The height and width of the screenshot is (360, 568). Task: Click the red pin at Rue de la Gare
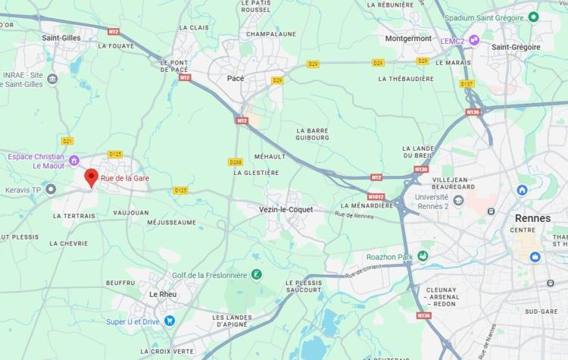tap(91, 178)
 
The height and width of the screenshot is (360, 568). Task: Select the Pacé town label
tap(236, 78)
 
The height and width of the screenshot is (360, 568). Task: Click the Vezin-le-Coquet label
tap(286, 209)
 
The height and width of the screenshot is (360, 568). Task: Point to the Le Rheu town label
tap(163, 294)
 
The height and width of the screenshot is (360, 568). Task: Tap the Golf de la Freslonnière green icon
tap(257, 274)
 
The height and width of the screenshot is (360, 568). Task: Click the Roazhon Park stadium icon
tap(423, 257)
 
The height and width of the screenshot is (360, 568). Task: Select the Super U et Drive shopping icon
tap(169, 321)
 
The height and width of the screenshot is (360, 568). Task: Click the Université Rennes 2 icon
tap(459, 199)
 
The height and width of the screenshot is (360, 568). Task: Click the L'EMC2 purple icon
tap(474, 40)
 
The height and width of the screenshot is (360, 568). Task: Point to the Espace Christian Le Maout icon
tap(74, 160)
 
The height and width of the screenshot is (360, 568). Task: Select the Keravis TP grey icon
tap(51, 189)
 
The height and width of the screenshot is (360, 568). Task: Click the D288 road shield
tap(235, 161)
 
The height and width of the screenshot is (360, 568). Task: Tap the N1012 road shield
tap(376, 196)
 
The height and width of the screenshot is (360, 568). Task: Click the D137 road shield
tap(467, 83)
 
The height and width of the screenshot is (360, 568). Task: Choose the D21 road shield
tap(67, 140)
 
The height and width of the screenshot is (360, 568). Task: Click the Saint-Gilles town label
tap(62, 37)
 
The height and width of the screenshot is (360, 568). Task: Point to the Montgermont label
tap(407, 38)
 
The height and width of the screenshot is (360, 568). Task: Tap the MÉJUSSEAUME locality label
tap(170, 223)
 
